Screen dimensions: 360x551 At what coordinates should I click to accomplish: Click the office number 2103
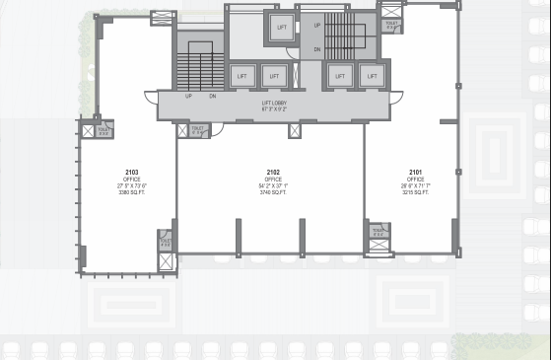[x=132, y=172]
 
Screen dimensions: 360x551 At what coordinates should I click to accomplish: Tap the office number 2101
[x=415, y=172]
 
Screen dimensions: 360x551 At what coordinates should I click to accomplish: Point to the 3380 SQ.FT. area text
[x=132, y=192]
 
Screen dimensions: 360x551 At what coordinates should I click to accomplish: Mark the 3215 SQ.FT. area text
[x=415, y=192]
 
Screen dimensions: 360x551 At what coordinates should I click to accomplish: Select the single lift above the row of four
[x=282, y=28]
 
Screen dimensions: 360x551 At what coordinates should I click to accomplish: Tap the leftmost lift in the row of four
[x=242, y=76]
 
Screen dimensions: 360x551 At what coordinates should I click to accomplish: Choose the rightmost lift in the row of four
[x=372, y=76]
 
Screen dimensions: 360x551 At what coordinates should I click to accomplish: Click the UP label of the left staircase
[x=188, y=96]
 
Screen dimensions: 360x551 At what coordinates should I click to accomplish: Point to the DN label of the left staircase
[x=213, y=96]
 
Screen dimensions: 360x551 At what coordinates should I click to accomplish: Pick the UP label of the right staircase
[x=317, y=26]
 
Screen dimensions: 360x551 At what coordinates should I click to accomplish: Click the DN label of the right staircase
[x=317, y=48]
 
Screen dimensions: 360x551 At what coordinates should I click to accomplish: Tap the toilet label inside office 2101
[x=379, y=231]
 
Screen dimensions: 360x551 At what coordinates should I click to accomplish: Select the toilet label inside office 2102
[x=197, y=128]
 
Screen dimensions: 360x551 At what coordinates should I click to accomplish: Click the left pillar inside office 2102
[x=239, y=238]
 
